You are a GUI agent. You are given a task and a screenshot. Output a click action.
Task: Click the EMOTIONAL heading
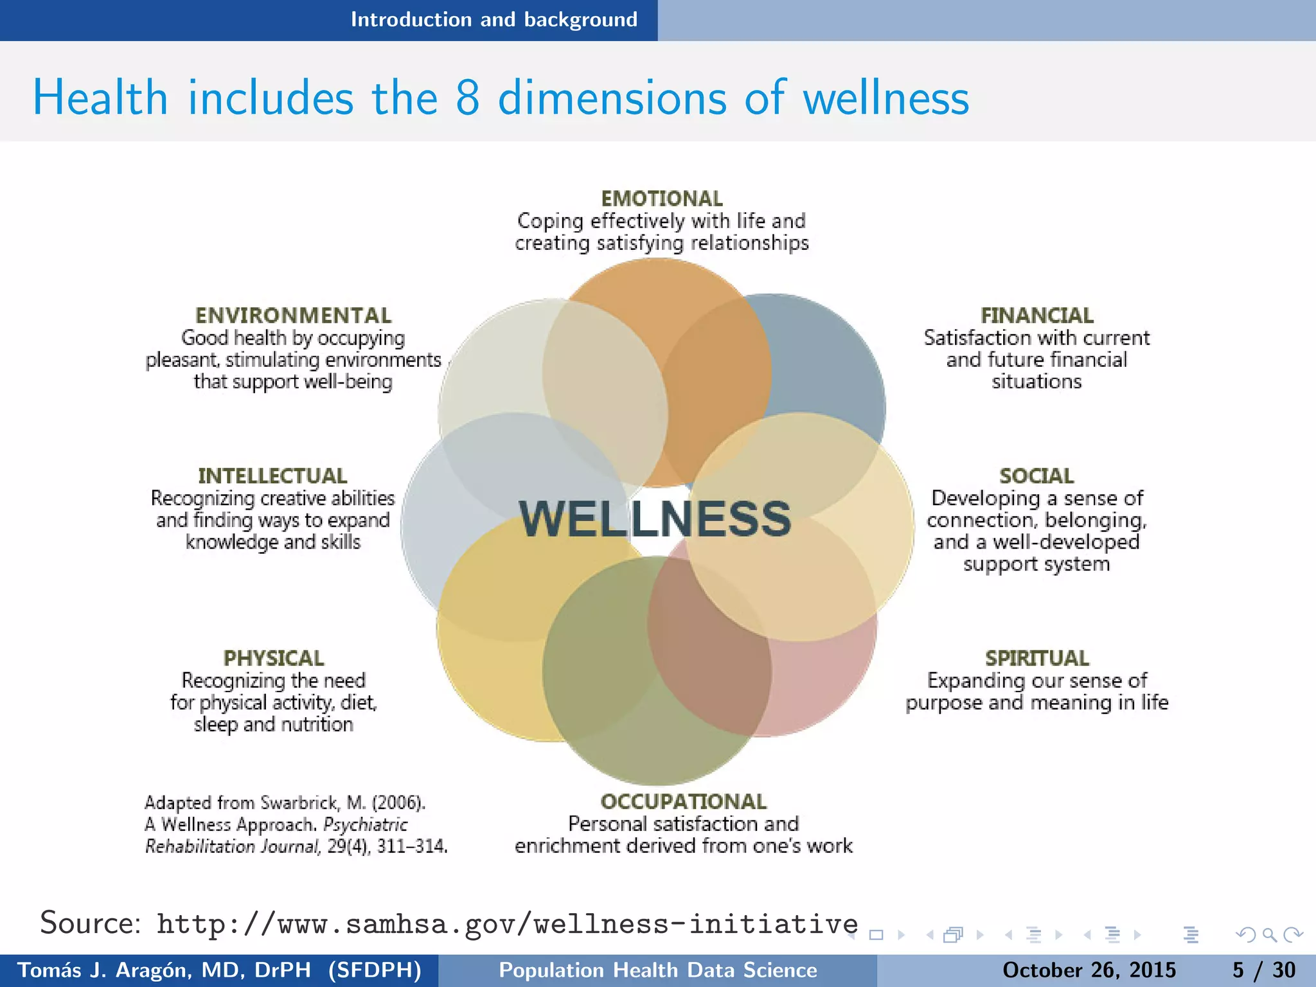[661, 199]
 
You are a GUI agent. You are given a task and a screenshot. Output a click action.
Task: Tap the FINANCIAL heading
[1036, 316]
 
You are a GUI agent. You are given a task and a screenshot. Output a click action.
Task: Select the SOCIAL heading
[1036, 476]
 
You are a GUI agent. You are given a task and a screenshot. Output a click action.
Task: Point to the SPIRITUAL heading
[1036, 659]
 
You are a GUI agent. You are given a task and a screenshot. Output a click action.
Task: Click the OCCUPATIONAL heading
[683, 802]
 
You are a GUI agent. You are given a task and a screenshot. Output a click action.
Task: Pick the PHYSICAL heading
[274, 659]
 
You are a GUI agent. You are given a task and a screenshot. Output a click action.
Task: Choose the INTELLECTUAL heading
[272, 476]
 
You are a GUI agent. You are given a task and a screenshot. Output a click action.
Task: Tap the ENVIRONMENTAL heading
[293, 316]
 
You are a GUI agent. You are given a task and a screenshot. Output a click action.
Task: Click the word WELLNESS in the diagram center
[655, 519]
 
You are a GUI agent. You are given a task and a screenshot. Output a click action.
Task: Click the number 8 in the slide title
[467, 98]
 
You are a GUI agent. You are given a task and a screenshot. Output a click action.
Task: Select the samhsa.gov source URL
[507, 924]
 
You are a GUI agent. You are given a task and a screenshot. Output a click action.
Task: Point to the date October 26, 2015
[1089, 970]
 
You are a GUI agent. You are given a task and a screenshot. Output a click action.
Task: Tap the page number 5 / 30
[1263, 970]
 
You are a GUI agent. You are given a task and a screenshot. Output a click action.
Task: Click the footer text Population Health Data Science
[658, 970]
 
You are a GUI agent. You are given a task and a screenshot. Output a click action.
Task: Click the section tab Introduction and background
[493, 20]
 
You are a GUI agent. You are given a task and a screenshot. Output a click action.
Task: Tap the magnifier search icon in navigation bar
[1269, 935]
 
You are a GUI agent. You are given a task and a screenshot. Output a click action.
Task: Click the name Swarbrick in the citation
[300, 803]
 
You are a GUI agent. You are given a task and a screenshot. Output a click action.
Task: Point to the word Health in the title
[100, 98]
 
